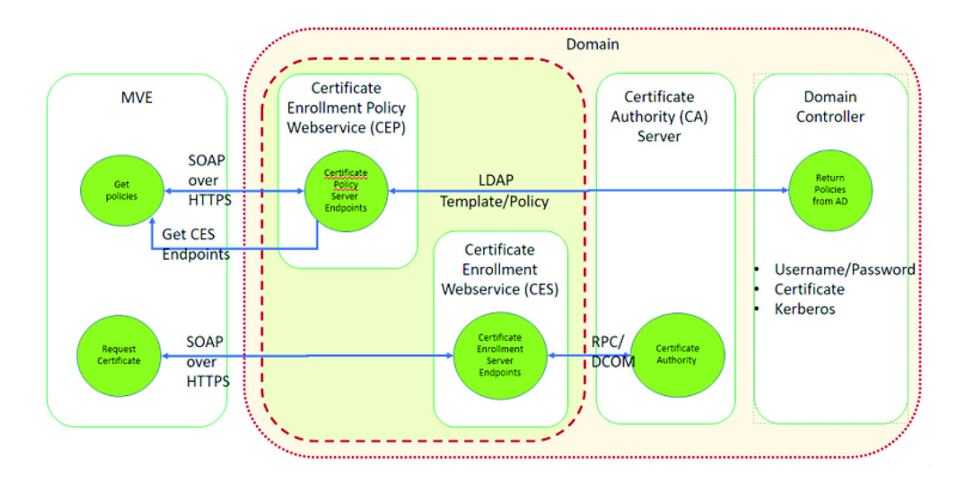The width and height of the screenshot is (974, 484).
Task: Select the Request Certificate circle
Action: click(x=119, y=355)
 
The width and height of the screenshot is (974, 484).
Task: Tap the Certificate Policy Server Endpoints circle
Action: click(x=345, y=191)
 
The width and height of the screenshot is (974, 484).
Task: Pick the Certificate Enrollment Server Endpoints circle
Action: click(x=500, y=355)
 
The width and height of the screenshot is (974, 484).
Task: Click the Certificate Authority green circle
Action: click(x=677, y=355)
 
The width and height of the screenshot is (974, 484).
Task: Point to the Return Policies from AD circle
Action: click(x=830, y=192)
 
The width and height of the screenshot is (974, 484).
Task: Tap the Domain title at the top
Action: click(x=592, y=45)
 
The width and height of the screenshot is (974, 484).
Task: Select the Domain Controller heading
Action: click(x=830, y=107)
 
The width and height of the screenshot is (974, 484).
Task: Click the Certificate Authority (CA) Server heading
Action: click(x=659, y=116)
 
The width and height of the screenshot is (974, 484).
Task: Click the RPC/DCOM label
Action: click(x=612, y=351)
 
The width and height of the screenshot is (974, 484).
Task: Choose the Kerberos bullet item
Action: click(x=805, y=309)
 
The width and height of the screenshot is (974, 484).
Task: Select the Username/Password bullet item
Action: click(x=844, y=269)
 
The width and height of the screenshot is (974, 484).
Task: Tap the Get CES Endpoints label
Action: click(x=195, y=244)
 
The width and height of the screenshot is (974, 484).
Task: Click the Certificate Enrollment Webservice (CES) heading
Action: click(x=499, y=269)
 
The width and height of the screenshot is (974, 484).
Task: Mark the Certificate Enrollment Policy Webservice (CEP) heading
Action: click(x=346, y=108)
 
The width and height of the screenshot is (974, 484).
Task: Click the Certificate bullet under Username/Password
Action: click(x=809, y=289)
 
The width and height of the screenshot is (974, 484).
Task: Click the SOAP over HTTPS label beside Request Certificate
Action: click(x=208, y=362)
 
